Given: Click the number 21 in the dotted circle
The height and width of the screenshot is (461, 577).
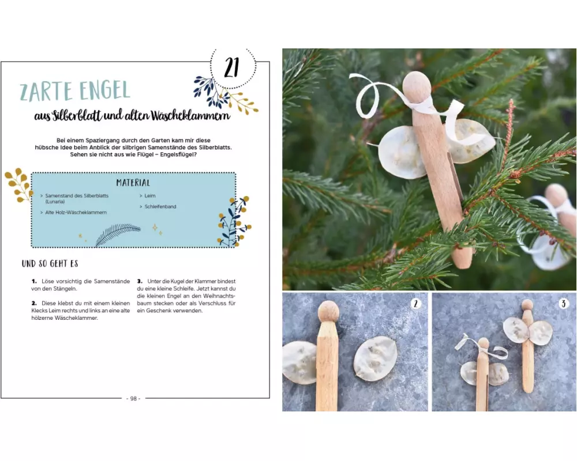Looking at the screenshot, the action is pyautogui.click(x=231, y=67).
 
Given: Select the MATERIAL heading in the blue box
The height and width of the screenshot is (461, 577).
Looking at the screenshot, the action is pyautogui.click(x=133, y=183).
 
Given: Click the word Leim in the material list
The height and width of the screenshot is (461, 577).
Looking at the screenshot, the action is pyautogui.click(x=150, y=195).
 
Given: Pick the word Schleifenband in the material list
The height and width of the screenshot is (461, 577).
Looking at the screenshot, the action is pyautogui.click(x=160, y=207).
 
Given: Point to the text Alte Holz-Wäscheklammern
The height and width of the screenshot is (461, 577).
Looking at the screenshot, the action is pyautogui.click(x=76, y=213).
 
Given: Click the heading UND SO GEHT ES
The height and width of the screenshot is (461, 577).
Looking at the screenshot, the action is pyautogui.click(x=50, y=263).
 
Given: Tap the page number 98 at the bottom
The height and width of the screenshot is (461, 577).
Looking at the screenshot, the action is pyautogui.click(x=133, y=399).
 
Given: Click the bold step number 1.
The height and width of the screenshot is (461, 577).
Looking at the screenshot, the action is pyautogui.click(x=34, y=281).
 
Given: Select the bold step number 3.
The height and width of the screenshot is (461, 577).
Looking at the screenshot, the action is pyautogui.click(x=140, y=281).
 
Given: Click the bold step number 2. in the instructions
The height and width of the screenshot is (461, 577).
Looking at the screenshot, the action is pyautogui.click(x=34, y=303).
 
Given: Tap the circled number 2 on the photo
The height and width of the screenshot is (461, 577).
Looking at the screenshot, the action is pyautogui.click(x=416, y=304).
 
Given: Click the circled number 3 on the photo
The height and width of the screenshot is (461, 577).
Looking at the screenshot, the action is pyautogui.click(x=563, y=304).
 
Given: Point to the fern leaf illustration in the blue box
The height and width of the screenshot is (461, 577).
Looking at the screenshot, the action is pyautogui.click(x=118, y=235).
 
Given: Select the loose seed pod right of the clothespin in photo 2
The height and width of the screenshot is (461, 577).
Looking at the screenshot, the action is pyautogui.click(x=376, y=358).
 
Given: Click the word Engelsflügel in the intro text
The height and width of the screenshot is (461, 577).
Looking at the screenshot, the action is pyautogui.click(x=179, y=155).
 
